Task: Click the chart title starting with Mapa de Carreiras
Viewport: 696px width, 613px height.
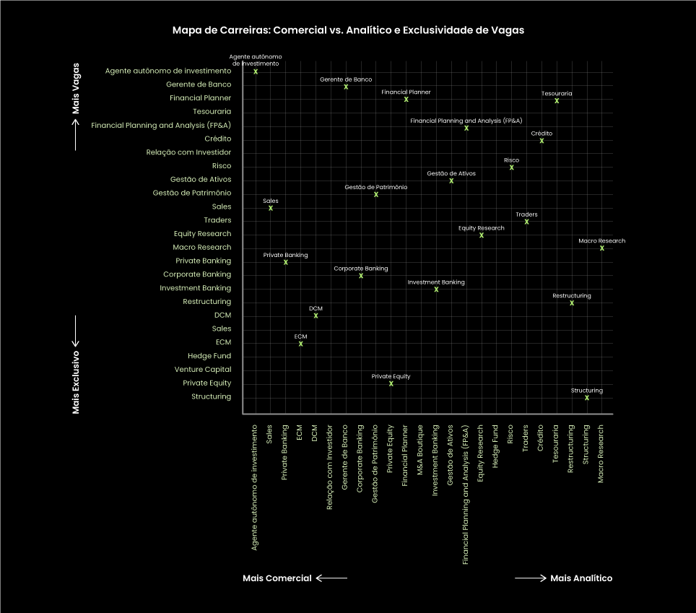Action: tap(348, 30)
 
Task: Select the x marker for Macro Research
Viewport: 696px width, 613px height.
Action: tap(602, 248)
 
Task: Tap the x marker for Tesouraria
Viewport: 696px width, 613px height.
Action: tap(557, 100)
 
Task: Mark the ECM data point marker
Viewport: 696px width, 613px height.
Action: tap(301, 344)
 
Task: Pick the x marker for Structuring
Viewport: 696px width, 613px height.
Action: tap(587, 398)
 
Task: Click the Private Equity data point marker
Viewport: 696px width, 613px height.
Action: tap(391, 383)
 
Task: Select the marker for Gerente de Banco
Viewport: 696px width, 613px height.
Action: tap(346, 87)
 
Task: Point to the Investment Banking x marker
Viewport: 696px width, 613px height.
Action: tap(436, 290)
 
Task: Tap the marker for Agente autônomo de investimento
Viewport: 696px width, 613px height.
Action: tap(256, 71)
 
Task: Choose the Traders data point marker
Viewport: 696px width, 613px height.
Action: tap(526, 222)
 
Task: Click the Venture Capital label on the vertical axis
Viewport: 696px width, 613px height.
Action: tap(203, 370)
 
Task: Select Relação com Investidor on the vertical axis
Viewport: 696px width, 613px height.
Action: tap(188, 152)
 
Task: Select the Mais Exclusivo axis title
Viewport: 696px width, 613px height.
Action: tap(76, 383)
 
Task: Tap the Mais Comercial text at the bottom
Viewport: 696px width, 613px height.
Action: tap(277, 578)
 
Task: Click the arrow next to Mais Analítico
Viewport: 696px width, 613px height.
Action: tap(530, 578)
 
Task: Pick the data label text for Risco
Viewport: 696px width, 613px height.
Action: tap(511, 160)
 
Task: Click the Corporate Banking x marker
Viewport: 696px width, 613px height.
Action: tap(361, 276)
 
